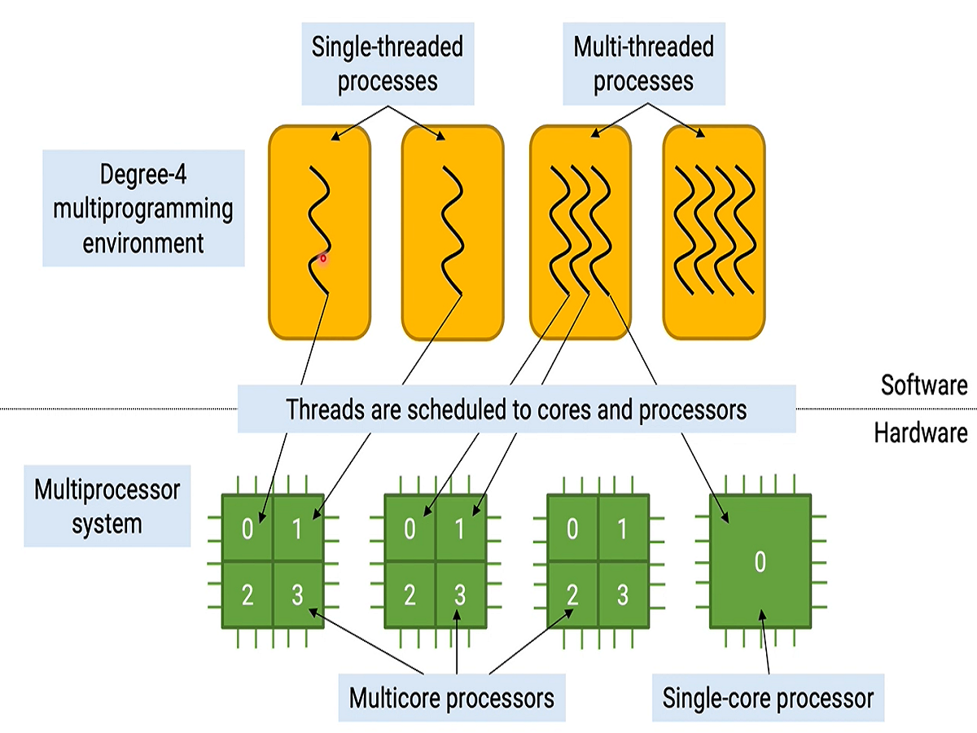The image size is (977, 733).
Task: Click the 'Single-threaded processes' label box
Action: coord(387,64)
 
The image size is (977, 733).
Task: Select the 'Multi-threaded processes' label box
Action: coord(643,64)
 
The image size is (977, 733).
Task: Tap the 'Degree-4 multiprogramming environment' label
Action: coord(143,208)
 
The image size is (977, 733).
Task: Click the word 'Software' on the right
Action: coord(924,384)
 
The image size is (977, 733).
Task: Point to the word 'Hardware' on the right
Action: coord(921,432)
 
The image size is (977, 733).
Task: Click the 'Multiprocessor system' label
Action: coord(107,506)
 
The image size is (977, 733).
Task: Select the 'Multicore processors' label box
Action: coord(451,698)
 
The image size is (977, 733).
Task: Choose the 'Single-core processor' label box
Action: coord(768,698)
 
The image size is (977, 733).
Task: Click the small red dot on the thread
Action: coord(323,259)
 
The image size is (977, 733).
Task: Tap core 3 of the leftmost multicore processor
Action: coord(298,595)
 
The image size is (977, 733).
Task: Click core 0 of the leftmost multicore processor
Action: coord(248,530)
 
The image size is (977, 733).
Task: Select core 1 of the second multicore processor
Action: coord(460,530)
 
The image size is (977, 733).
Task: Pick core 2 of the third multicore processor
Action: coord(572,595)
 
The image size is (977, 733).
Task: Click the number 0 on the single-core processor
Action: coord(760,562)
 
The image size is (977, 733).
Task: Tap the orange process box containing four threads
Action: coord(713,232)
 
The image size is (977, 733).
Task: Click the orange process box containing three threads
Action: coord(580,232)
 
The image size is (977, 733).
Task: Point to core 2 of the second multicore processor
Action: coord(410,595)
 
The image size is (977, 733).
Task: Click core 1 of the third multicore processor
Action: coord(623,530)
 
